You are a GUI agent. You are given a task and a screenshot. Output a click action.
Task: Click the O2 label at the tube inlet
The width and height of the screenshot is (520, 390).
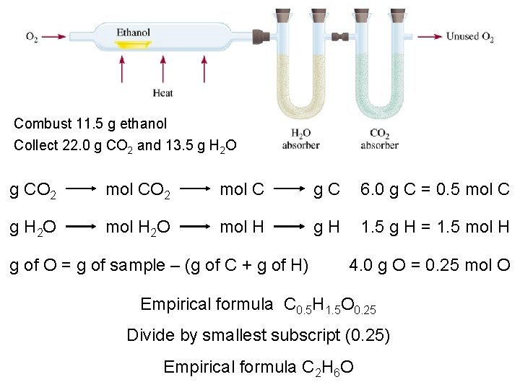tap(32, 37)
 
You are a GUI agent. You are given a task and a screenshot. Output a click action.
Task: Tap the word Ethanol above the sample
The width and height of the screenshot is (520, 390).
tap(134, 32)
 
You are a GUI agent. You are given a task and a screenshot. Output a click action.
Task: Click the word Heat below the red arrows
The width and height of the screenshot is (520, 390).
tap(163, 92)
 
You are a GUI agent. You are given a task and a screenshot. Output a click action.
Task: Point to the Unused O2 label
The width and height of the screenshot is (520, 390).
tap(469, 37)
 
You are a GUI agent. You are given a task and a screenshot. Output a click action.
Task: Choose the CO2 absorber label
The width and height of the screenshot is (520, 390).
tap(380, 139)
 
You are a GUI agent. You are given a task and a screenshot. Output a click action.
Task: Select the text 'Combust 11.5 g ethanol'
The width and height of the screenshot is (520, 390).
tap(90, 123)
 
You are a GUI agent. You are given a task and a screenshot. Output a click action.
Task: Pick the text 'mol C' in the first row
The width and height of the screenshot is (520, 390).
tap(242, 191)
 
